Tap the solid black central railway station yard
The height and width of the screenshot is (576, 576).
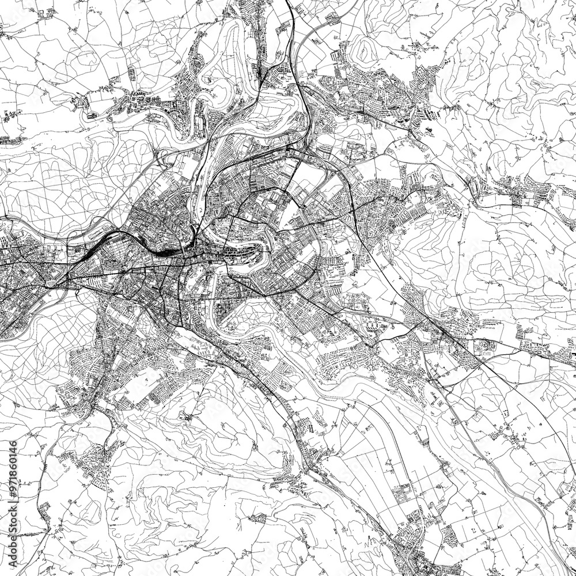[167, 252]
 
